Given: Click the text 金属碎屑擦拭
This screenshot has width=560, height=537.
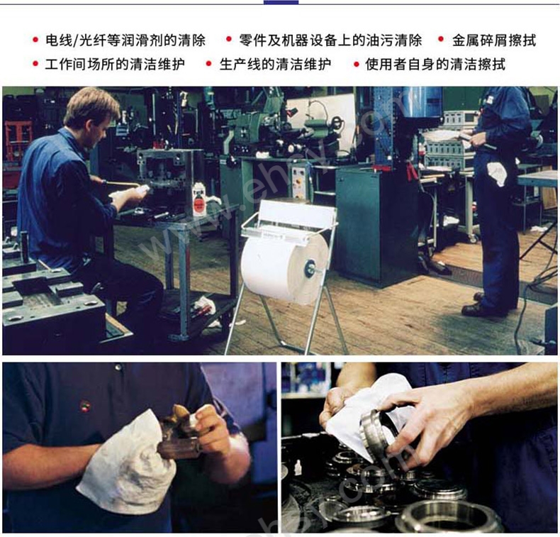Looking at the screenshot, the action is [494, 40].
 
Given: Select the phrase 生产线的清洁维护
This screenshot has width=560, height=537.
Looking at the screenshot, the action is [275, 65].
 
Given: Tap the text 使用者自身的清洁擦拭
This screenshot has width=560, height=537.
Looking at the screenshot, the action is [435, 65].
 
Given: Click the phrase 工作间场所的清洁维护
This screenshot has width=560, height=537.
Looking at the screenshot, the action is [115, 65].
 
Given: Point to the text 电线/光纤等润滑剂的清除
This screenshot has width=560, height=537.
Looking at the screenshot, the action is [125, 40].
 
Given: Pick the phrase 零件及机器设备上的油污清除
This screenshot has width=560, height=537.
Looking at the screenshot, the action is [330, 40].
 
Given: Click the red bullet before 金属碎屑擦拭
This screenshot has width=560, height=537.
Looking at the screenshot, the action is [441, 39].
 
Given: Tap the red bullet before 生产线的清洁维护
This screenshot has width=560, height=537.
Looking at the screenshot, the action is [208, 64].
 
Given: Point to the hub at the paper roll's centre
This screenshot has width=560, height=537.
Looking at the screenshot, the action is [308, 268].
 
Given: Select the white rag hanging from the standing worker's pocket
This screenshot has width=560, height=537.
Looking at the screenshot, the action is [498, 173].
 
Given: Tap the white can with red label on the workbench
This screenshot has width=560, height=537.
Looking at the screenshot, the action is [199, 201].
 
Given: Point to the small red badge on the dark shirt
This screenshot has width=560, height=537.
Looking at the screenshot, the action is [85, 406].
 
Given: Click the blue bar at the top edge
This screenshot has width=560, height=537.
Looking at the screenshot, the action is [281, 2].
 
